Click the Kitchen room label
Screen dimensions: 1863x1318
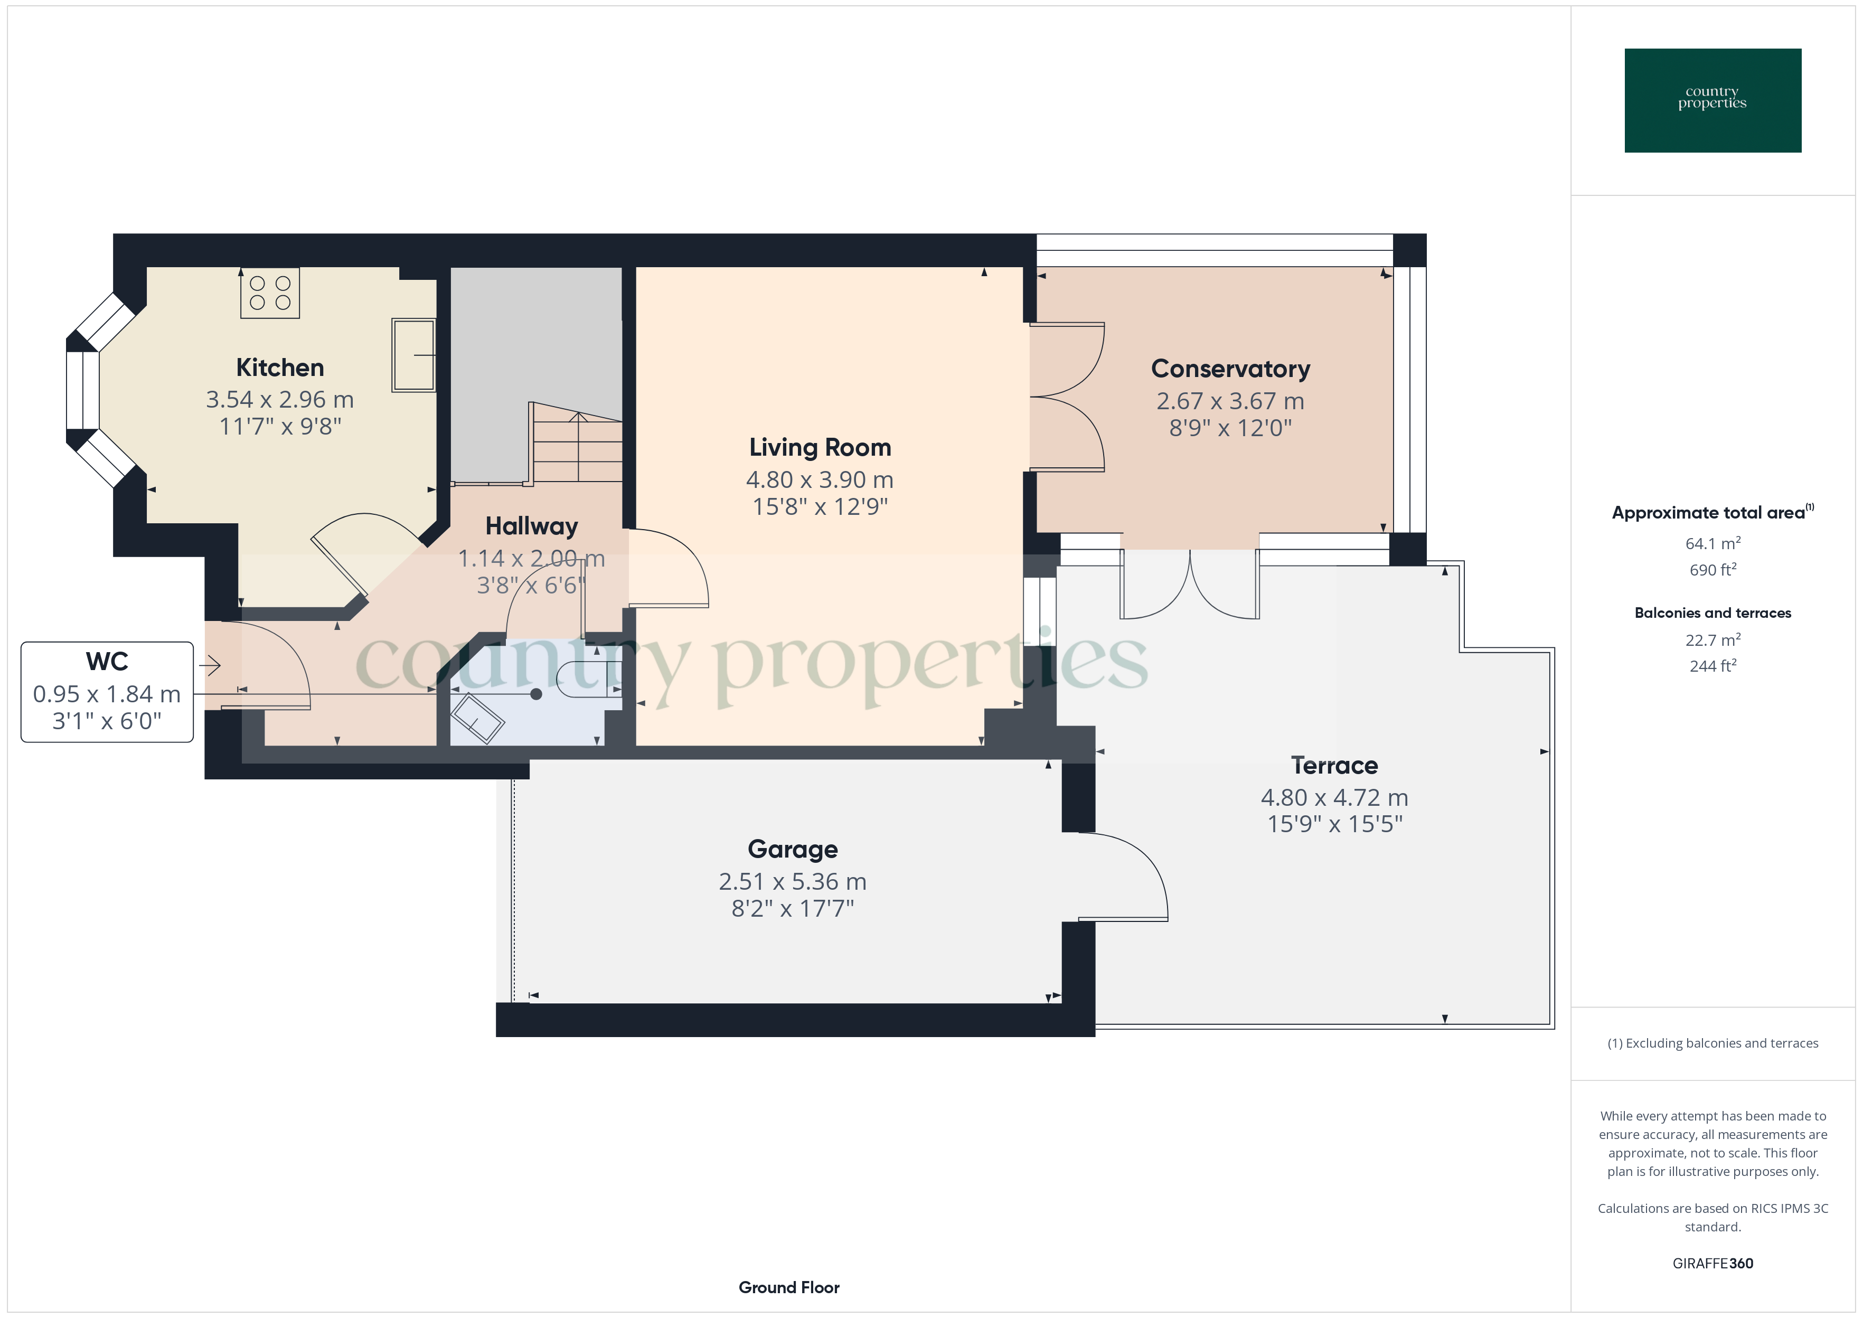pyautogui.click(x=280, y=368)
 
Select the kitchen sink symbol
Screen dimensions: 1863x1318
pyautogui.click(x=414, y=355)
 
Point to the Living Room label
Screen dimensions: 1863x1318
pyautogui.click(x=820, y=447)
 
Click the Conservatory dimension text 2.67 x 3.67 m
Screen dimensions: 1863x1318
pyautogui.click(x=1230, y=401)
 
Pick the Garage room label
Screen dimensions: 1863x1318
pyautogui.click(x=793, y=849)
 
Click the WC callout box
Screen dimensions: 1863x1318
pyautogui.click(x=107, y=691)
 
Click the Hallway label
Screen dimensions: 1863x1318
pyautogui.click(x=531, y=526)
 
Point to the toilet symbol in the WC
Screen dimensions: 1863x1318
pyautogui.click(x=591, y=679)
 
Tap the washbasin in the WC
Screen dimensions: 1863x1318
pyautogui.click(x=477, y=718)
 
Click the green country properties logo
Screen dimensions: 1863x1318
pyautogui.click(x=1713, y=101)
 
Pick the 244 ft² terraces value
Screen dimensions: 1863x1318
pyautogui.click(x=1713, y=665)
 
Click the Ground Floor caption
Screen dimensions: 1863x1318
pyautogui.click(x=789, y=1287)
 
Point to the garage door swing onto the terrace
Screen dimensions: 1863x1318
pyautogui.click(x=1124, y=877)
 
